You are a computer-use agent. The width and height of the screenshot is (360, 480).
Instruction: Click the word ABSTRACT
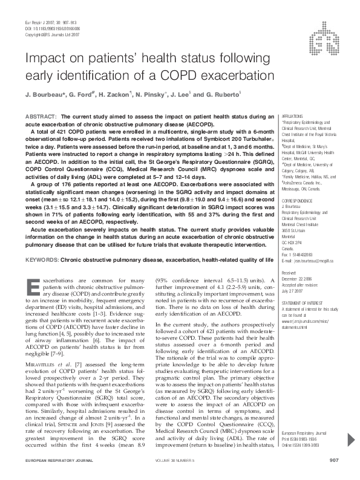[41, 115]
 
